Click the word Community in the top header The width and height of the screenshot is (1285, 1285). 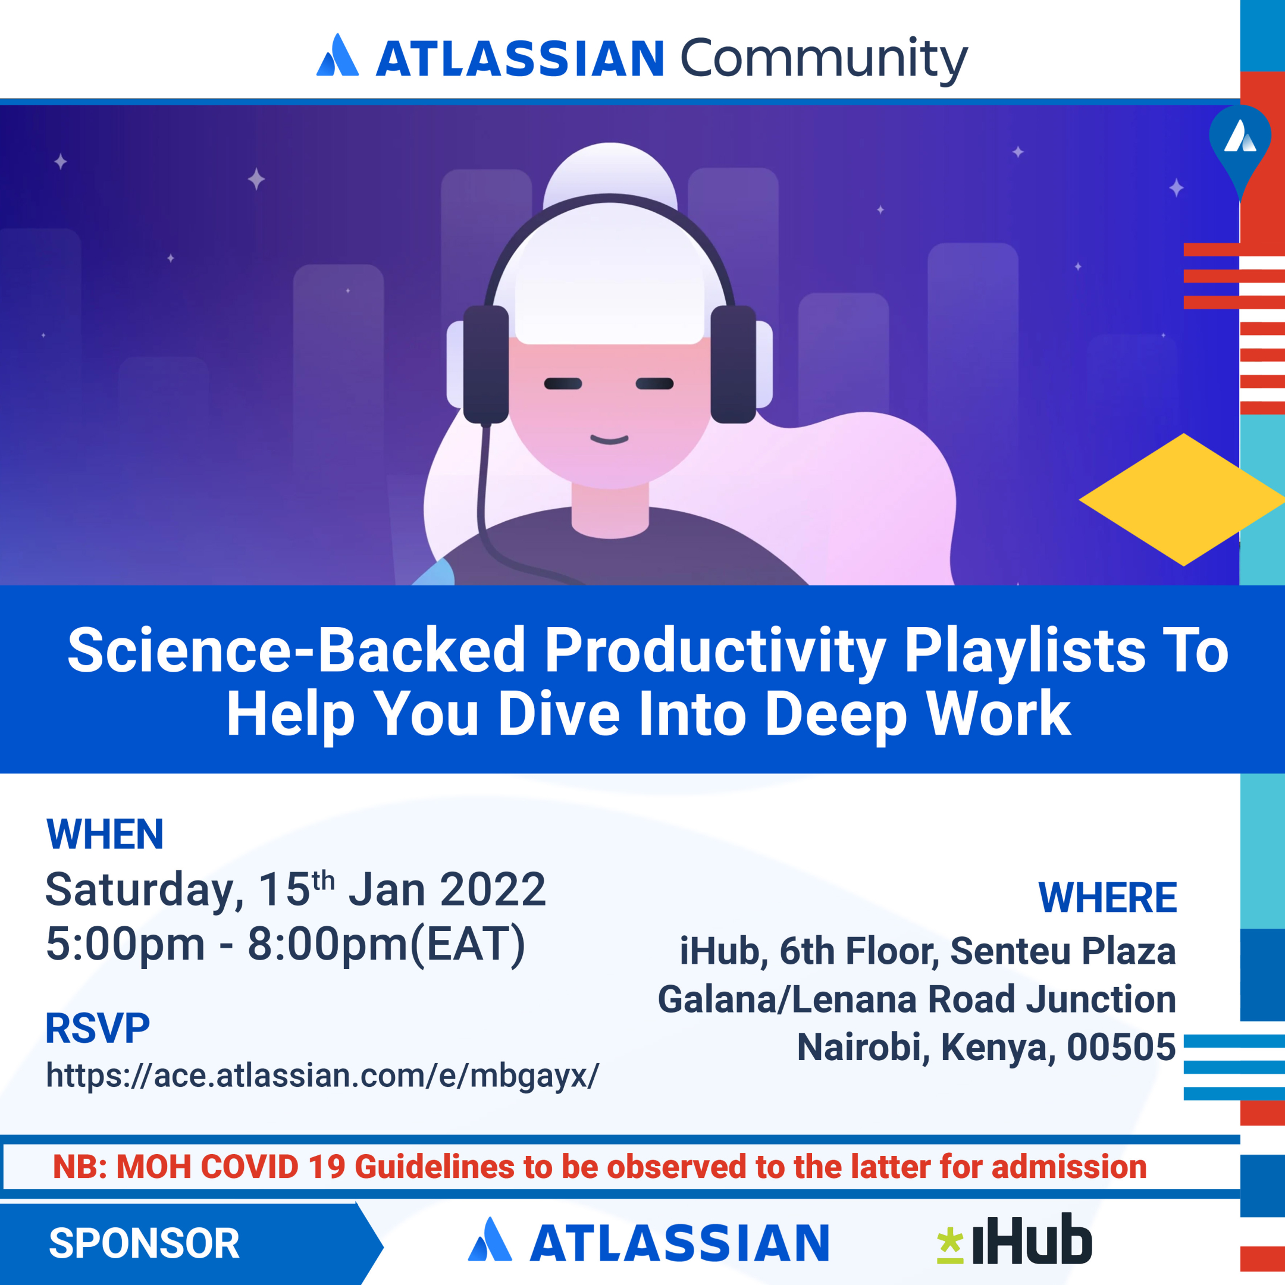[x=823, y=60]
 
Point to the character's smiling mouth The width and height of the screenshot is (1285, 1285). [x=609, y=439]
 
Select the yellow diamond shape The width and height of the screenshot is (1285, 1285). [x=1182, y=500]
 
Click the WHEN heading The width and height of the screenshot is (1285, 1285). [x=105, y=834]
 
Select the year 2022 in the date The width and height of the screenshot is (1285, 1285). [x=493, y=889]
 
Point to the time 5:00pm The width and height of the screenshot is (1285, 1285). [x=125, y=943]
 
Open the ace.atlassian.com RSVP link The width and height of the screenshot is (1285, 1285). [x=322, y=1076]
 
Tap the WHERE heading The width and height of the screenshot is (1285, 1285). [x=1107, y=897]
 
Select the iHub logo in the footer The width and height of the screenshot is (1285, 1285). [x=1014, y=1240]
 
